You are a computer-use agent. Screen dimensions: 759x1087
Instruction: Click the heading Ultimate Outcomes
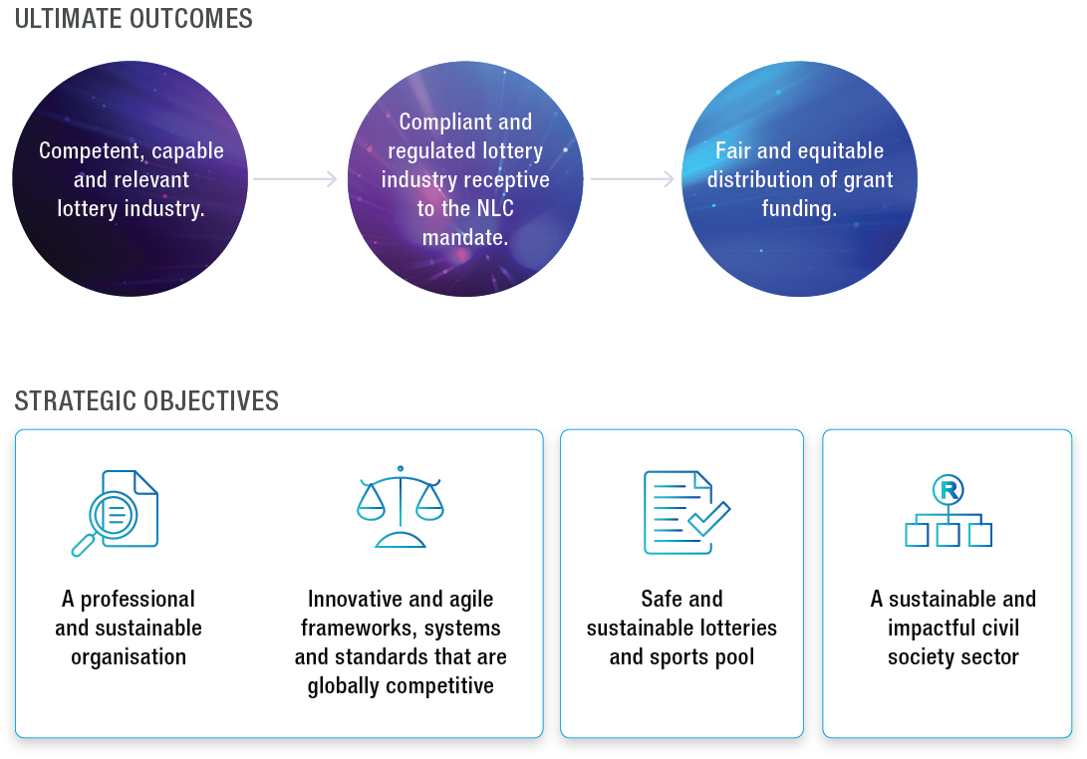tap(134, 19)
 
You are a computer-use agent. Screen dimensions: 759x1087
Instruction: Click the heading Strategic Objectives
tap(146, 401)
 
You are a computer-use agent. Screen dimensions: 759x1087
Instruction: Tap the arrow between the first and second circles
tap(295, 179)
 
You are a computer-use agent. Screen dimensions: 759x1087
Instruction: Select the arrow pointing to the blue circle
tap(632, 179)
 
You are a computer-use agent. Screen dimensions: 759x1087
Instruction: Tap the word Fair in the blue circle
tap(734, 151)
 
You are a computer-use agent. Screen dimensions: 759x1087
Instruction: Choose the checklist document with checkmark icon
tap(685, 512)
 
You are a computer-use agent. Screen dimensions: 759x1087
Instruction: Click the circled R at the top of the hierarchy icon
tap(948, 489)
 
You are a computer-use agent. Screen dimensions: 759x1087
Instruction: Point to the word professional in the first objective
tap(137, 600)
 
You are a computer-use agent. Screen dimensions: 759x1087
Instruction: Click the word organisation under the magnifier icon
tap(129, 657)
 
